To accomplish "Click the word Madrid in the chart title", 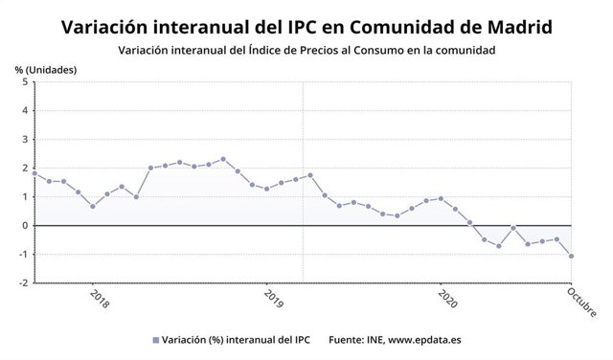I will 508,26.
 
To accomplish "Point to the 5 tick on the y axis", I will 24,82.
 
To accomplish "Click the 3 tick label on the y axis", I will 24,140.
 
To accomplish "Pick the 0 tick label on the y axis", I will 24,226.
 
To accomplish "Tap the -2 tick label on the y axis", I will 22,283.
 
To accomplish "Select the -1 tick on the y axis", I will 22,255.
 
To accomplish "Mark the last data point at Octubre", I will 572,256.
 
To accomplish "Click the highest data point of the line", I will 223,159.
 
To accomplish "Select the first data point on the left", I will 34,173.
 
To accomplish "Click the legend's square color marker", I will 155,340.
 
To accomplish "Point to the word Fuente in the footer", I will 348,340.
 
